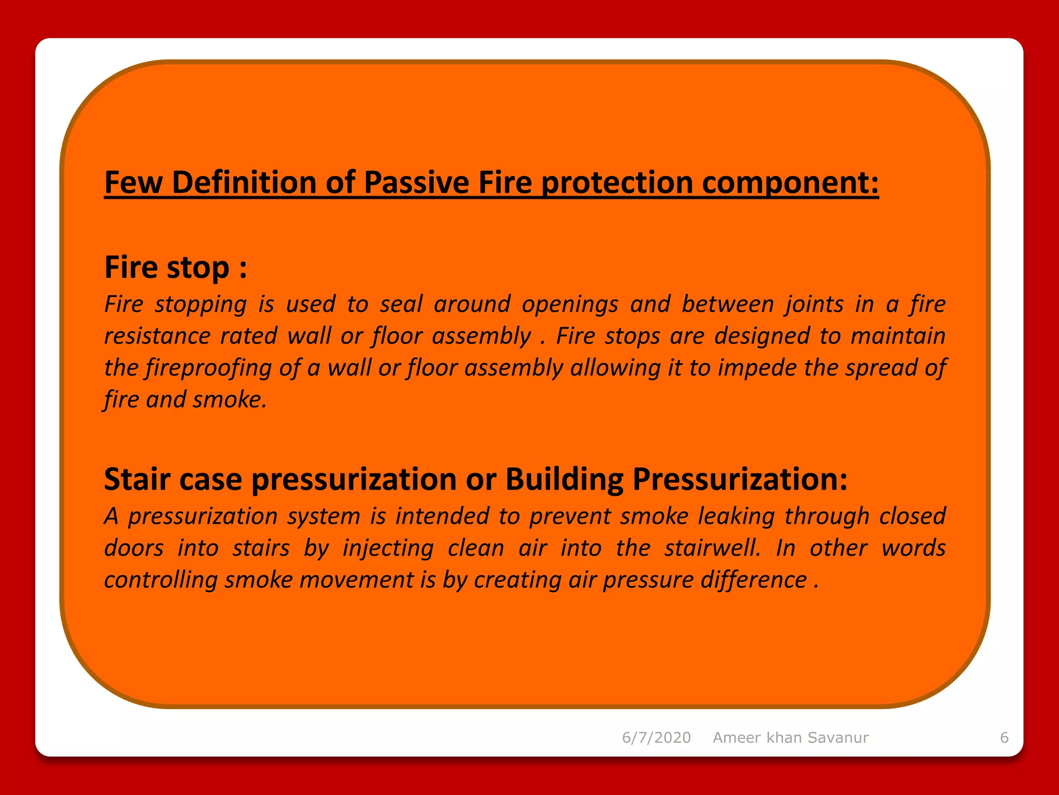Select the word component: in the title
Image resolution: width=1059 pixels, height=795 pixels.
click(790, 183)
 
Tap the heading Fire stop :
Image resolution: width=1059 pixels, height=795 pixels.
click(175, 268)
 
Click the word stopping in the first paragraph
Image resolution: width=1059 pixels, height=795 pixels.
click(201, 304)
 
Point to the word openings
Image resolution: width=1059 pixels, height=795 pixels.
click(570, 304)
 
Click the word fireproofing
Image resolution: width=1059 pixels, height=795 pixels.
click(208, 368)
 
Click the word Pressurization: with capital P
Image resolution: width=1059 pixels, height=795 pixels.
click(740, 479)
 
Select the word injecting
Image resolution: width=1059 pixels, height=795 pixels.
click(388, 548)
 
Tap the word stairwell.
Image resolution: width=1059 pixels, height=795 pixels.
click(713, 548)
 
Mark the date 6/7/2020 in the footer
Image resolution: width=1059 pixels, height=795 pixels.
click(656, 738)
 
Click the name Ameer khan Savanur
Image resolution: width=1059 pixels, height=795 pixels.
click(791, 738)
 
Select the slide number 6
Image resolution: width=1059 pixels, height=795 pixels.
click(1004, 738)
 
